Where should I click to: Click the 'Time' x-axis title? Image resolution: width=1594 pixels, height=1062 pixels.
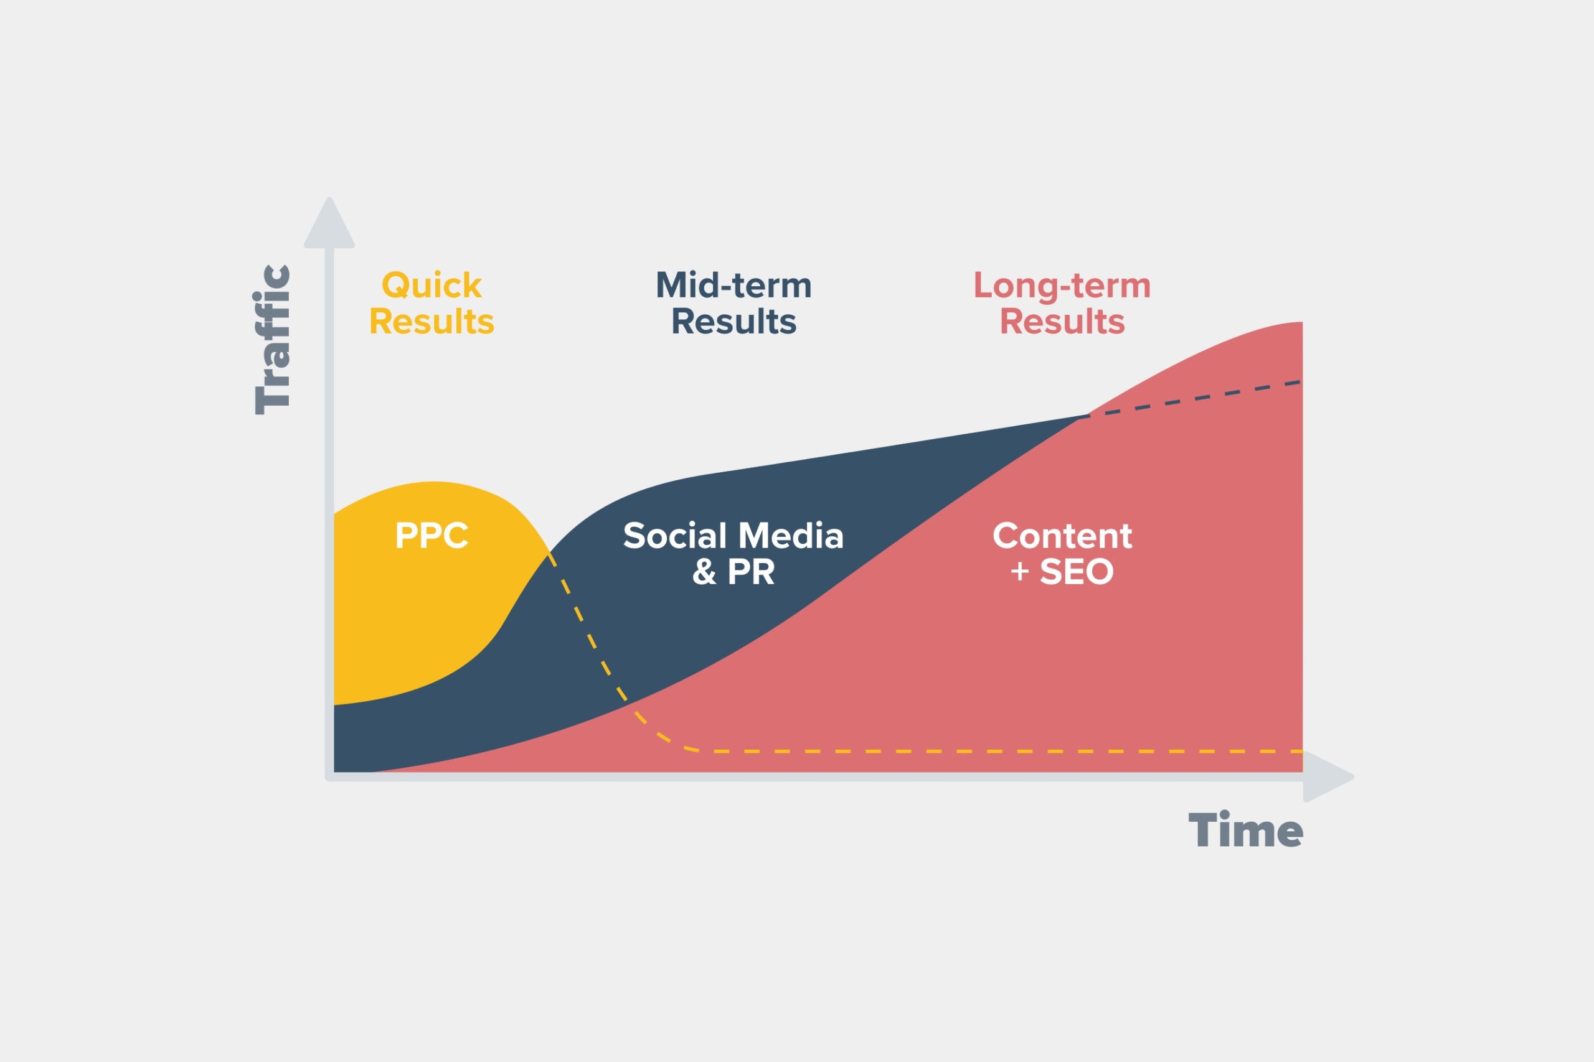click(1246, 831)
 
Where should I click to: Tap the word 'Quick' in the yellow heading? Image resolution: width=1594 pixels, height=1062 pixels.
click(431, 286)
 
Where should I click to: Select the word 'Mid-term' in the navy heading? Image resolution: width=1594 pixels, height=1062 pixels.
click(733, 286)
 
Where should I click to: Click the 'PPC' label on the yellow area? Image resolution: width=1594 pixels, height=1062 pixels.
click(431, 536)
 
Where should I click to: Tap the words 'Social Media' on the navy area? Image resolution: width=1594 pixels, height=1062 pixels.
click(733, 536)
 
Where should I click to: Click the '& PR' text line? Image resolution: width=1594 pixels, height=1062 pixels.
click(733, 572)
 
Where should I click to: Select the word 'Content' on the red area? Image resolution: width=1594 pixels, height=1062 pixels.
click(1062, 536)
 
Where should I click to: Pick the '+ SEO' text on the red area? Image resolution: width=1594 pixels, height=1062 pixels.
click(1062, 572)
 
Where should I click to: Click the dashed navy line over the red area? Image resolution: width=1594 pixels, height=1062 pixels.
click(1193, 399)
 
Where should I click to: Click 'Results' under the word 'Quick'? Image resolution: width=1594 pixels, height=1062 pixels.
click(431, 322)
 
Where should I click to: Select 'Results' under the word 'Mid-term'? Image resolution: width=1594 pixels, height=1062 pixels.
click(733, 322)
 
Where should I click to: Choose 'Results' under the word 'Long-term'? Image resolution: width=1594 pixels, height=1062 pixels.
click(1062, 322)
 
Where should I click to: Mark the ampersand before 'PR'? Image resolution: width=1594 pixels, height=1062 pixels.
click(704, 572)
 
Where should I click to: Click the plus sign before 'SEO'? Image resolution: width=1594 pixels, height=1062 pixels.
click(1019, 572)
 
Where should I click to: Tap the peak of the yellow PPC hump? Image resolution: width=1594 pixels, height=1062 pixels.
click(432, 483)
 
